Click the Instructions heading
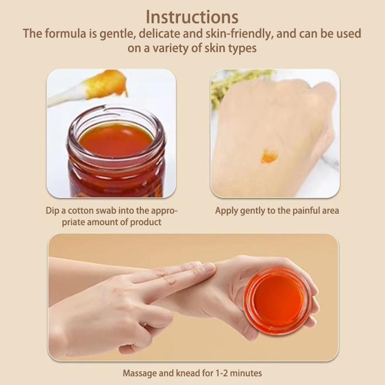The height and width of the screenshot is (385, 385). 192,17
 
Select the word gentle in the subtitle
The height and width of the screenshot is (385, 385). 118,34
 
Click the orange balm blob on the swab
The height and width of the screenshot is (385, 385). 107,83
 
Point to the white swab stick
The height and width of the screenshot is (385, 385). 67,96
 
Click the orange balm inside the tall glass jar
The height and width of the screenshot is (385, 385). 116,140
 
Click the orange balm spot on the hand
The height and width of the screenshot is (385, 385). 269,156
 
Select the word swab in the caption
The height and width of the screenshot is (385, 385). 106,211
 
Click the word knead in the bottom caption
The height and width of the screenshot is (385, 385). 188,373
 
